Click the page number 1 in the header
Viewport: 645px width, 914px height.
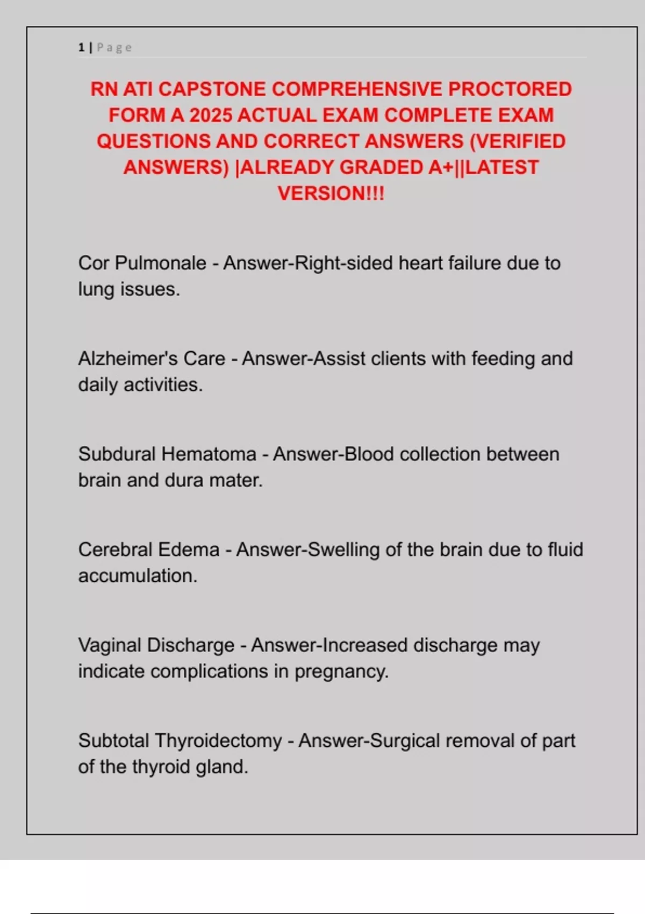coord(81,47)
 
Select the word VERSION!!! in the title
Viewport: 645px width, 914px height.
coord(331,193)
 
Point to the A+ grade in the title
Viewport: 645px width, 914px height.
coord(441,167)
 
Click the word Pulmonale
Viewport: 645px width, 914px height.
coord(160,263)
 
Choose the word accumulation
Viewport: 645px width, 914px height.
coord(138,576)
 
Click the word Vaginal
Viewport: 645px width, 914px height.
coord(110,645)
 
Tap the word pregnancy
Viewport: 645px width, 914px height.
coord(341,672)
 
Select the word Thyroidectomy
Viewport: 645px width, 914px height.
coord(218,741)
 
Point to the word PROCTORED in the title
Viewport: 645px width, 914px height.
coord(510,89)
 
